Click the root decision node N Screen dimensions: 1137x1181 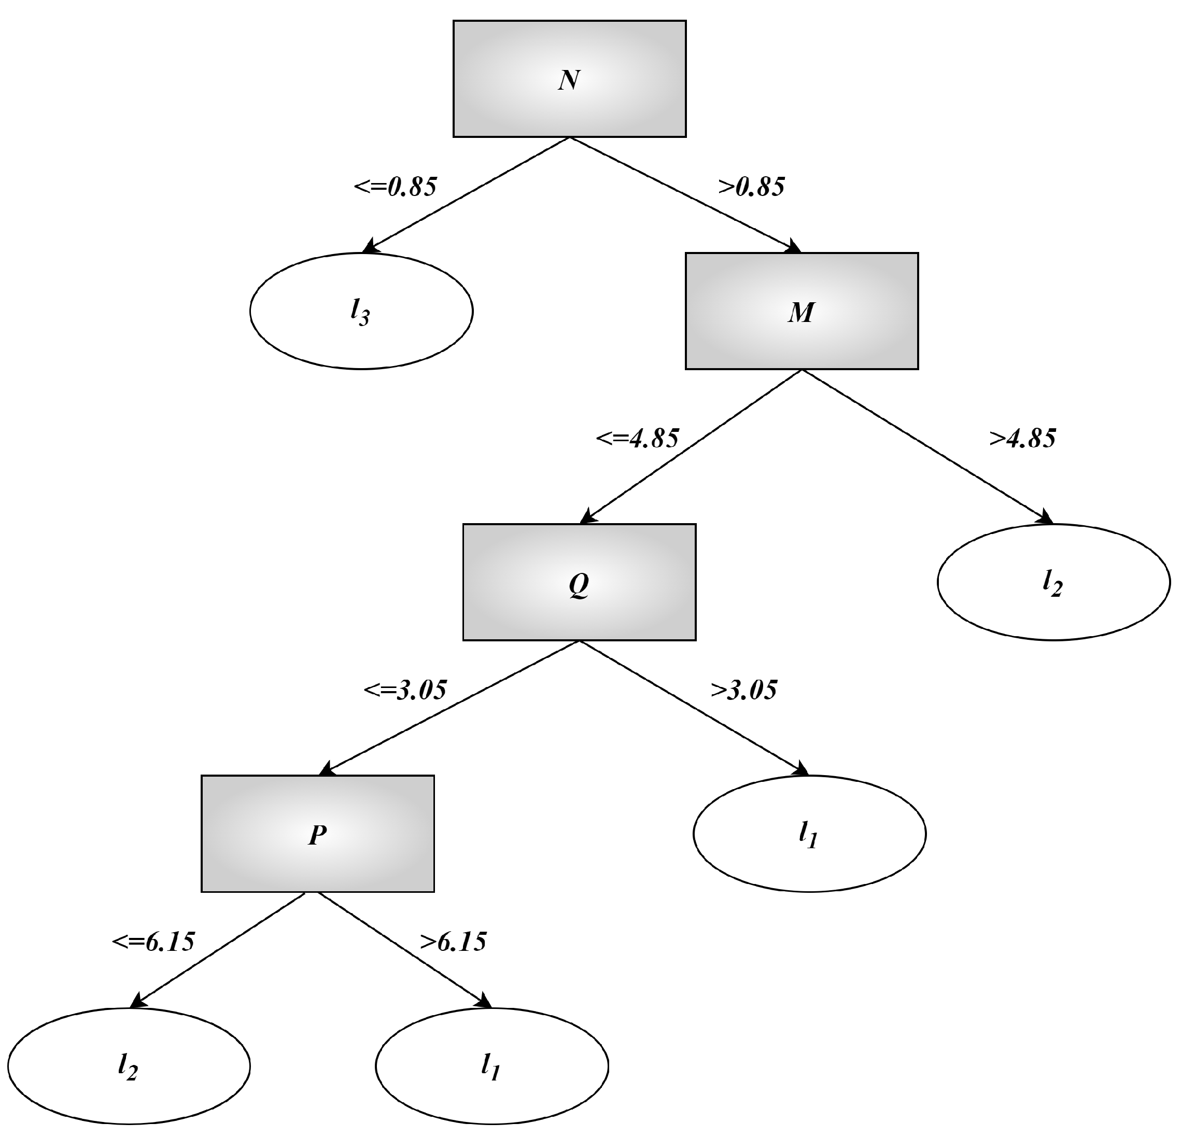pyautogui.click(x=569, y=79)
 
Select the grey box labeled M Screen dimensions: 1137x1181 pyautogui.click(x=802, y=311)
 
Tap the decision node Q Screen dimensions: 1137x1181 pyautogui.click(x=579, y=582)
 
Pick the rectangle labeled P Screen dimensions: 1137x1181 pyautogui.click(x=318, y=833)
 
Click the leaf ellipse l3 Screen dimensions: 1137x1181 pyautogui.click(x=361, y=311)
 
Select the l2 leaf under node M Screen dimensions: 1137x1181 pyautogui.click(x=1053, y=582)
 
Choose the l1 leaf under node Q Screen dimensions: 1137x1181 pyautogui.click(x=809, y=833)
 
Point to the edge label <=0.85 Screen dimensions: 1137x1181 pyautogui.click(x=395, y=187)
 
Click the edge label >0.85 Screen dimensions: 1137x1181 pyautogui.click(x=751, y=187)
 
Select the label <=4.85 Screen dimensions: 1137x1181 pyautogui.click(x=638, y=438)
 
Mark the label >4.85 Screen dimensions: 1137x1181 pyautogui.click(x=1022, y=438)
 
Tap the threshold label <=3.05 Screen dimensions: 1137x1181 pyautogui.click(x=405, y=690)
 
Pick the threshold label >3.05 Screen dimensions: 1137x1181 pyautogui.click(x=743, y=690)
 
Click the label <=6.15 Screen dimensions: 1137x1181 pyautogui.click(x=153, y=941)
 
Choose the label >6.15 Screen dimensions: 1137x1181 pyautogui.click(x=453, y=941)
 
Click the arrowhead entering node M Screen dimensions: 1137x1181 pyautogui.click(x=794, y=246)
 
